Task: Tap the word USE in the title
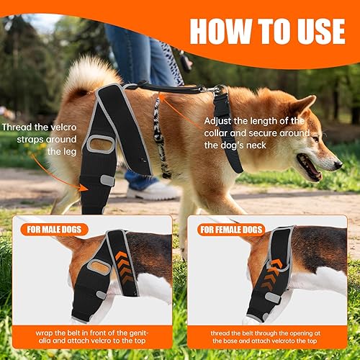316,31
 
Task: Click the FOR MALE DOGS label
57,230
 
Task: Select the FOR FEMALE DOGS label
229,230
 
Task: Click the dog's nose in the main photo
337,163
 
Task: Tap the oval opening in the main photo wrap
102,144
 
